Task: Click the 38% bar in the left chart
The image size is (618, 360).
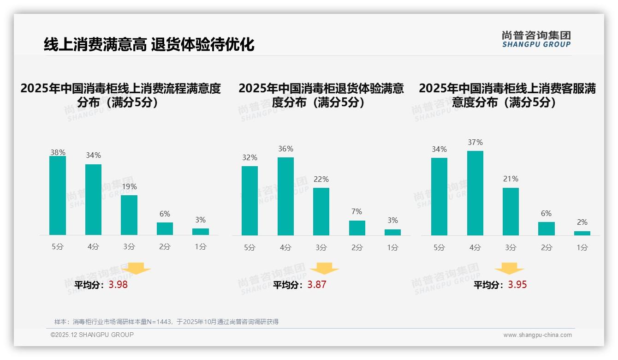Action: pos(58,196)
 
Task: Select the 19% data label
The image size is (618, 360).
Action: pos(129,187)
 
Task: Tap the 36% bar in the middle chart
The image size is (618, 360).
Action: pos(285,197)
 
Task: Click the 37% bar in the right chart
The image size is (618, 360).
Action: pos(475,193)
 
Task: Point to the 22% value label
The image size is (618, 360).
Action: pos(321,179)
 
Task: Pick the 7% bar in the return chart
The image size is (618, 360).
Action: pos(357,228)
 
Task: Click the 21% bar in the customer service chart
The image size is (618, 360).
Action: pos(511,211)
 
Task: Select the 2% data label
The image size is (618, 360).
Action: pos(582,222)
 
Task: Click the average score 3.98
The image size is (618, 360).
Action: pos(118,285)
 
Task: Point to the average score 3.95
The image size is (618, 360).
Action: pos(517,285)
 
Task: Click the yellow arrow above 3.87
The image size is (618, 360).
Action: pos(324,269)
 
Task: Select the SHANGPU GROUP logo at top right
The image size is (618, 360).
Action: pos(536,39)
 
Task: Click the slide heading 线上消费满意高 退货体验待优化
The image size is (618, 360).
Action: pos(149,45)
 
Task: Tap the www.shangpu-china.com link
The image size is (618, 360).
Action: pos(537,335)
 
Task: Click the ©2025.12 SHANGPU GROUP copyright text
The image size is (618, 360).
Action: pos(92,335)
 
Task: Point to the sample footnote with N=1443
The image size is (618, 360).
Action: pos(166,322)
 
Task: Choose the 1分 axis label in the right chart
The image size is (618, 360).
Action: pos(582,247)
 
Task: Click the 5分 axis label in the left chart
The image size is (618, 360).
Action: pos(58,246)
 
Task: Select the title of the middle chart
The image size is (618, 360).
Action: pos(321,95)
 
